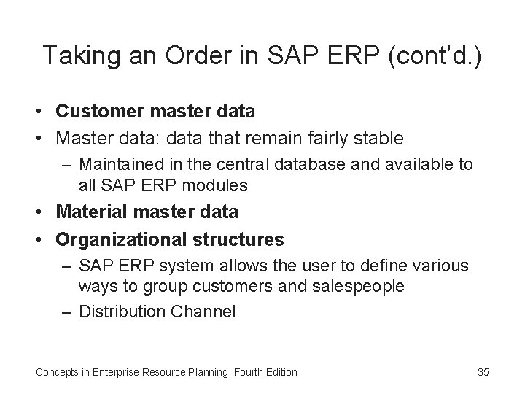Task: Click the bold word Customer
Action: [x=94, y=112]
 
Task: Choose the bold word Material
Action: [x=90, y=212]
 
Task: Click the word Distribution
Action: [x=122, y=312]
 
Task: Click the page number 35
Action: [x=483, y=372]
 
